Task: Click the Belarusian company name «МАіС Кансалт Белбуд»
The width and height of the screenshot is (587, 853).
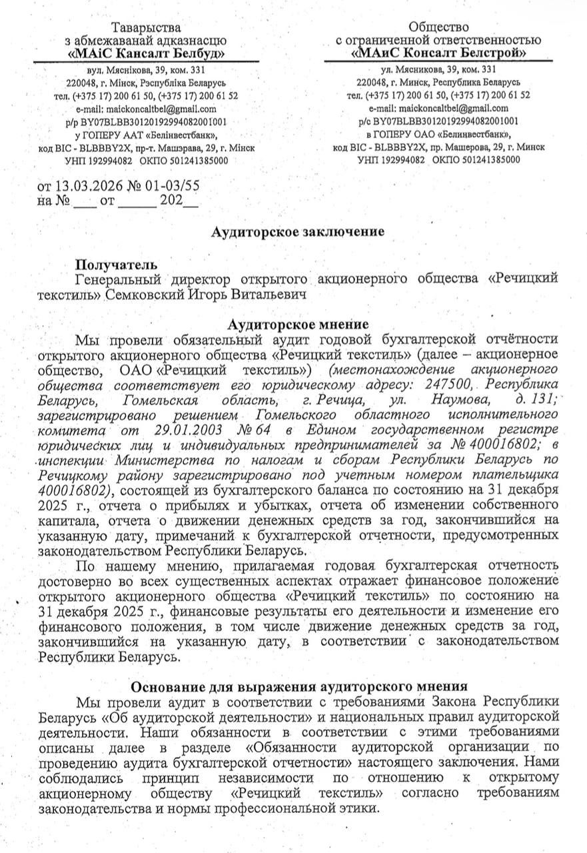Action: tap(147, 53)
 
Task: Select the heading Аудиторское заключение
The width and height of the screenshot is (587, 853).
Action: tap(298, 232)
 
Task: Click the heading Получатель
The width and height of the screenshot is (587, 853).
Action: tap(117, 265)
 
